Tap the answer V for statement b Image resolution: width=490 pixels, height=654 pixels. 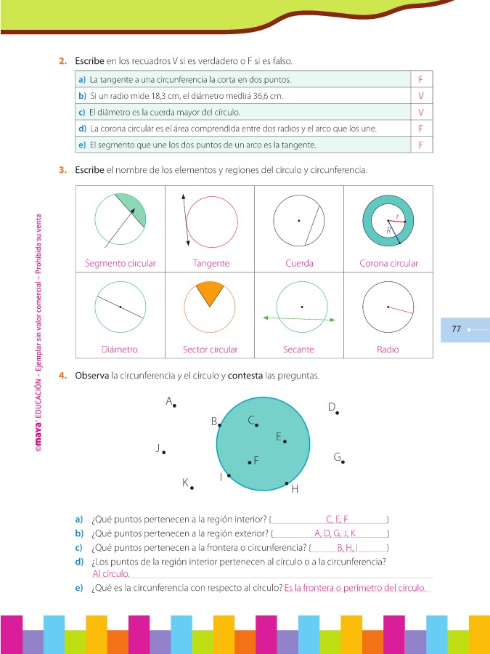421,95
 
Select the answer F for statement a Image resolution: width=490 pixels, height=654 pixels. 421,78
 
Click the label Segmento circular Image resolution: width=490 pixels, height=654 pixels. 121,263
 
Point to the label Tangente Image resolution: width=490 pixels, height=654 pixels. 211,263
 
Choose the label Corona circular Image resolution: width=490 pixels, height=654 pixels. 388,263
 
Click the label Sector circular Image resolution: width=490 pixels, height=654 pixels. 211,350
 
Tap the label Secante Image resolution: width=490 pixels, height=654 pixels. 298,350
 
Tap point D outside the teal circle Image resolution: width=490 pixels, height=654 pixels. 337,413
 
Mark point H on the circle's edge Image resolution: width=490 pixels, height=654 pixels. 287,483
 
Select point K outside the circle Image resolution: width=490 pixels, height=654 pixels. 192,488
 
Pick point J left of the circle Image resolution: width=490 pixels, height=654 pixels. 164,453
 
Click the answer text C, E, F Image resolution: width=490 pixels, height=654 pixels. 338,519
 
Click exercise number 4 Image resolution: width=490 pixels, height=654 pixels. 63,376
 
